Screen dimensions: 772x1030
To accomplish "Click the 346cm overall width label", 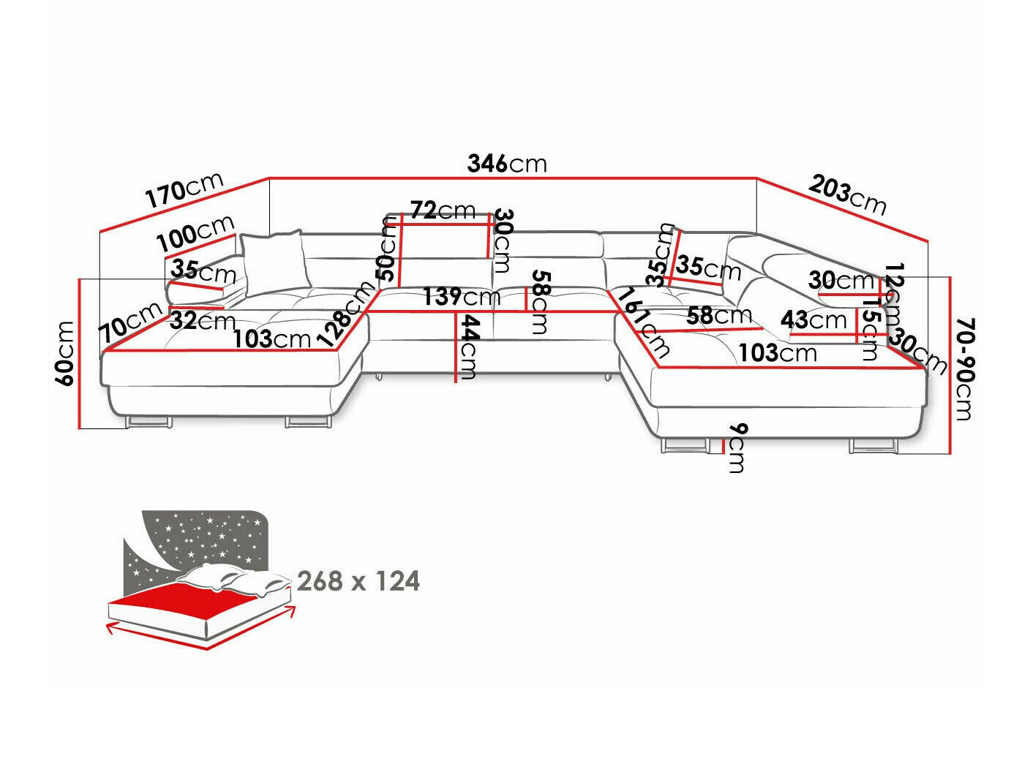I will (506, 164).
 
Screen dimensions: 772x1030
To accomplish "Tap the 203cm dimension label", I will (847, 195).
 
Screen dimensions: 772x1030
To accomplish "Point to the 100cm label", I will (195, 232).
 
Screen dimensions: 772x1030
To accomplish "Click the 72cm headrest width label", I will (442, 211).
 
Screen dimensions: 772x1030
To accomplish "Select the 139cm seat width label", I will (461, 298).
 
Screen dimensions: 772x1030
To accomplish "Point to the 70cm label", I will (131, 322).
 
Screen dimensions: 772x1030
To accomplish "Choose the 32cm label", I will (202, 320).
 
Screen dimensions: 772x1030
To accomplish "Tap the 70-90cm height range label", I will (964, 368).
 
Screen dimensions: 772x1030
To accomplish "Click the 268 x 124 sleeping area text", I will (358, 581).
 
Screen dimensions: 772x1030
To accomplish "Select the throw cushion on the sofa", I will (273, 259).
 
